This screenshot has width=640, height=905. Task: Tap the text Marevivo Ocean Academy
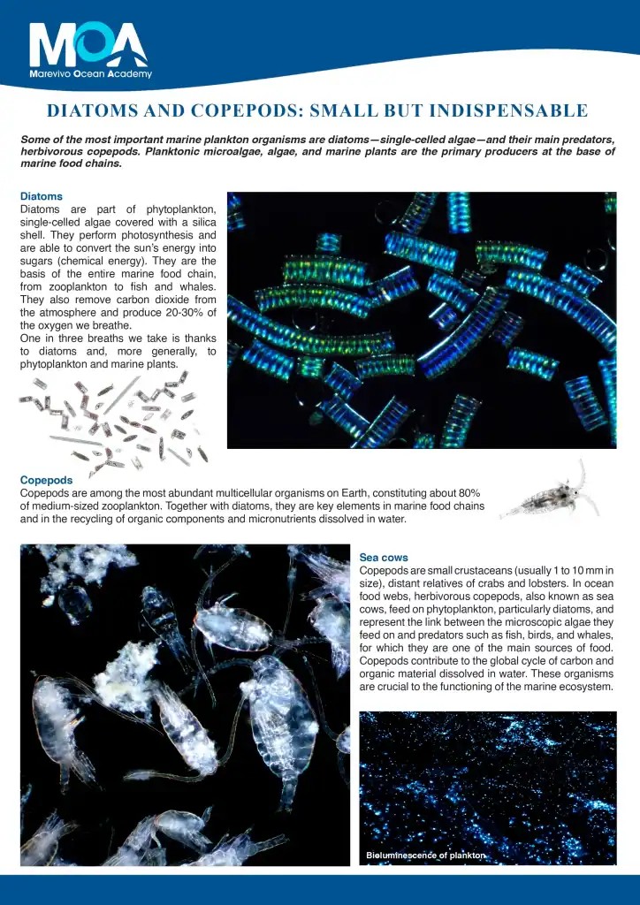pyautogui.click(x=90, y=74)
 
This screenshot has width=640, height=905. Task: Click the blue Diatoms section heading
pyautogui.click(x=41, y=196)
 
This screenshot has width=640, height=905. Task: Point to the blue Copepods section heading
pyautogui.click(x=46, y=480)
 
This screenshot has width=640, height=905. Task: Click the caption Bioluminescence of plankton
pyautogui.click(x=425, y=856)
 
